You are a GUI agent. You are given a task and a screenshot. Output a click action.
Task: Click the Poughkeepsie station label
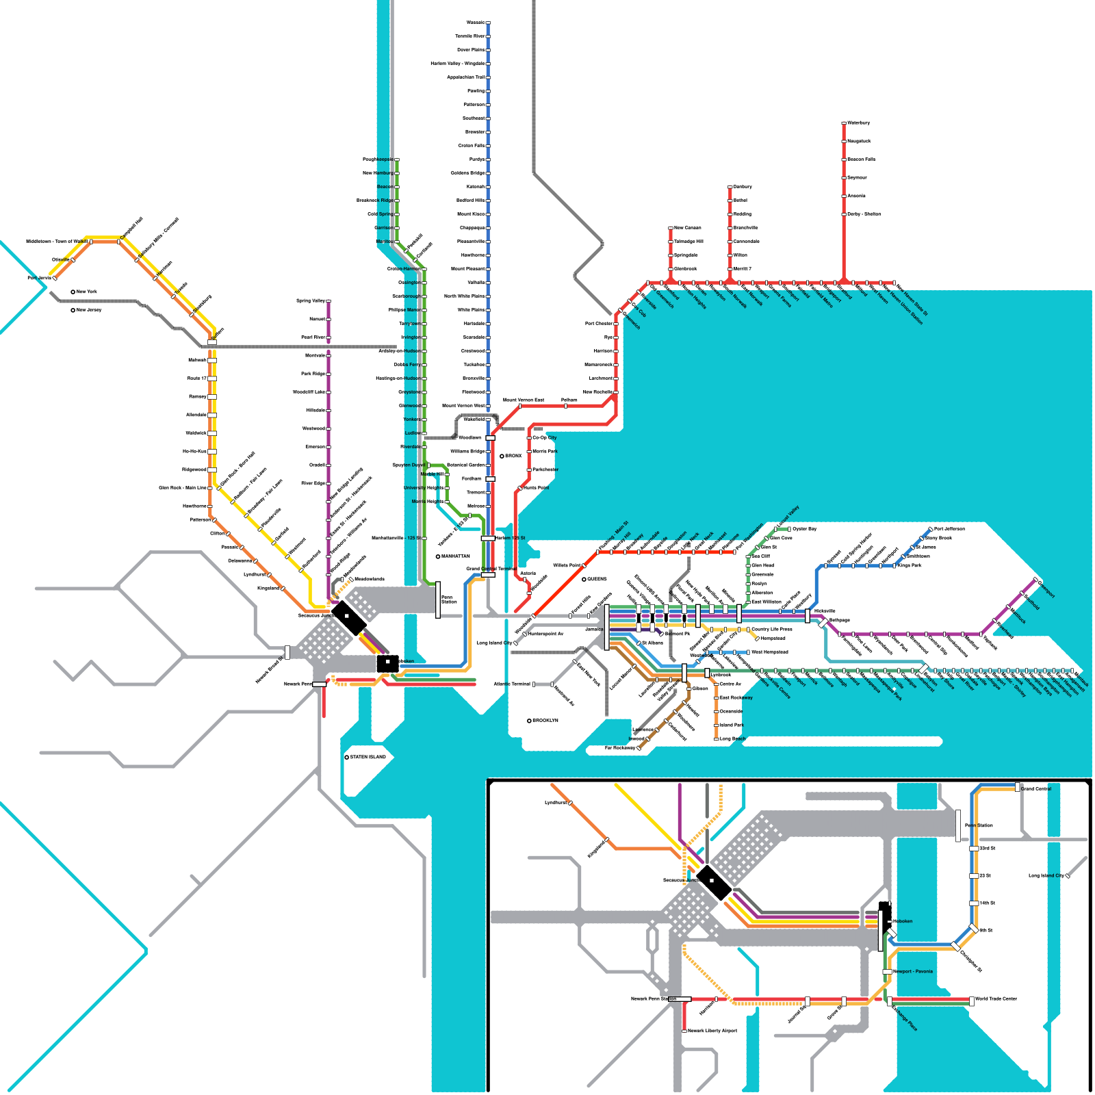[x=378, y=159]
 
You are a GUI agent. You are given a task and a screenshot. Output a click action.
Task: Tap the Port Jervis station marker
[x=55, y=279]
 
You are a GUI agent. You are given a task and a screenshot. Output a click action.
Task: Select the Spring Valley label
[x=310, y=301]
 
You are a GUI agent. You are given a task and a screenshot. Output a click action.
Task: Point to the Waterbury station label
[x=858, y=123]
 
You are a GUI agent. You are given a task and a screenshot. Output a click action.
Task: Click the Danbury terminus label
[x=743, y=187]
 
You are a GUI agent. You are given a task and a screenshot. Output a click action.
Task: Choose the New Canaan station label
[x=687, y=228]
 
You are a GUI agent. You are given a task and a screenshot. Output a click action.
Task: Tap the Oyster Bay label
[x=804, y=529]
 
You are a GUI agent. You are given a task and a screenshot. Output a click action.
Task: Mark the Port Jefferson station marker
[x=930, y=529]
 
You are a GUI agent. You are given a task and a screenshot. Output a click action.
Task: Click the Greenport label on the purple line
[x=1046, y=589]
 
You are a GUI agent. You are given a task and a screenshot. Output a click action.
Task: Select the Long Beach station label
[x=732, y=739]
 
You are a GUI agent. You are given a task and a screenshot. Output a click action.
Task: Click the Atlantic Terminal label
[x=512, y=684]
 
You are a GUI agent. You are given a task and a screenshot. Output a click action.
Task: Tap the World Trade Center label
[x=996, y=999]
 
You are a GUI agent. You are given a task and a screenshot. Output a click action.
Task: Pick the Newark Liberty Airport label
[x=712, y=1031]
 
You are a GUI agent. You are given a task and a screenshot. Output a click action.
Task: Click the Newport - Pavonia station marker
[x=887, y=972]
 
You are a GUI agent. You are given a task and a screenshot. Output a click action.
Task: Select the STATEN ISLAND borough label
[x=368, y=757]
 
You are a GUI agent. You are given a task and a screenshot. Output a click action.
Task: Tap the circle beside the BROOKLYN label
[x=529, y=721]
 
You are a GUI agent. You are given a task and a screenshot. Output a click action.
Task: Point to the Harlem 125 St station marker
[x=488, y=539]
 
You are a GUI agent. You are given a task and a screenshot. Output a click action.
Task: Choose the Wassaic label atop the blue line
[x=475, y=23]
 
